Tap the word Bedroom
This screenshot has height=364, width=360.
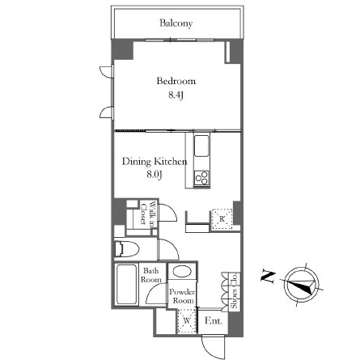click(x=176, y=81)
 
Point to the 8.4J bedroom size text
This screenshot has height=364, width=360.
click(x=176, y=96)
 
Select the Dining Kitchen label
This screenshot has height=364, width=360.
click(x=155, y=162)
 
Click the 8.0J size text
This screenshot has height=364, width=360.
click(x=155, y=175)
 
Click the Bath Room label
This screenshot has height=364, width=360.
click(x=151, y=276)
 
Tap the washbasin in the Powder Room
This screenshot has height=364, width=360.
click(x=183, y=273)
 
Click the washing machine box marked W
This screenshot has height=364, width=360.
click(x=186, y=321)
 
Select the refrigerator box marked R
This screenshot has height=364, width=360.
click(x=221, y=218)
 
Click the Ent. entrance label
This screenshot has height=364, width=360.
click(x=213, y=321)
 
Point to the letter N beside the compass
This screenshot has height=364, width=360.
click(x=266, y=277)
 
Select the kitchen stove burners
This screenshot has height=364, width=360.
click(x=202, y=176)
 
